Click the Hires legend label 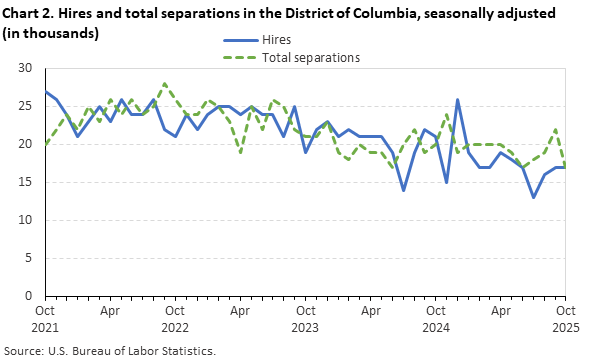point(277,41)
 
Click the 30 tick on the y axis point(26,68)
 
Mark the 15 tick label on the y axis point(26,182)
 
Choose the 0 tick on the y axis point(30,296)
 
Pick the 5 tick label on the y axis point(30,258)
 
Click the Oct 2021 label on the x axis point(45,318)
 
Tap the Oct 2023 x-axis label point(306,318)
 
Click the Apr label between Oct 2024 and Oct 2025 point(501,311)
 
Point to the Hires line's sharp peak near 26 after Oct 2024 point(458,99)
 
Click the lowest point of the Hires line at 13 point(534,197)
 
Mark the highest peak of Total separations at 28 point(164,84)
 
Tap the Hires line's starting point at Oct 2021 point(45,91)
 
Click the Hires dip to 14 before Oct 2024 point(404,190)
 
